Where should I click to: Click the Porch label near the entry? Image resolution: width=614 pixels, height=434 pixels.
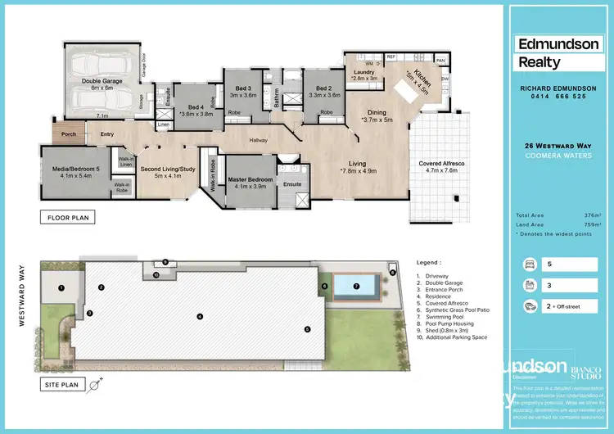[68, 135]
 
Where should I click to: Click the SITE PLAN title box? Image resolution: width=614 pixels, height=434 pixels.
[66, 382]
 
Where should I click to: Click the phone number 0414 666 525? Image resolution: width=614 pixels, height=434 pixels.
[555, 97]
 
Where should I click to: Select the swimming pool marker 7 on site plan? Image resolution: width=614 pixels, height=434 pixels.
[356, 287]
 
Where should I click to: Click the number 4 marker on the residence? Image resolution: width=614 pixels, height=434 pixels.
[199, 316]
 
